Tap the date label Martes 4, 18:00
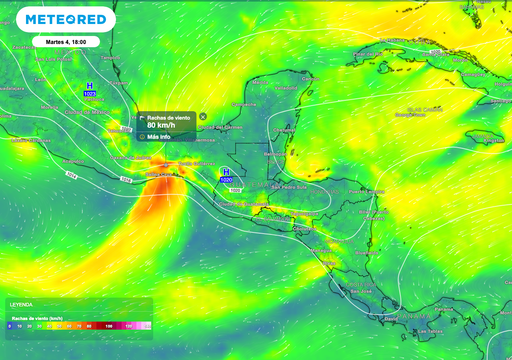[65, 41]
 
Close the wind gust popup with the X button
[203, 117]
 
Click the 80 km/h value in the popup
[161, 126]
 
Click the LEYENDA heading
[21, 303]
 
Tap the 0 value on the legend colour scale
[9, 326]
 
